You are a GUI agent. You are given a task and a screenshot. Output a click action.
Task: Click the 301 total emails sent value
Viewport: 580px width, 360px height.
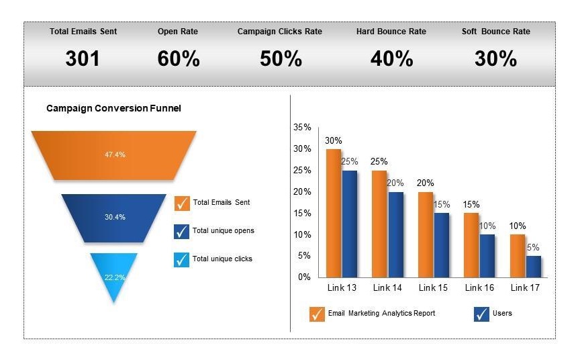(x=83, y=59)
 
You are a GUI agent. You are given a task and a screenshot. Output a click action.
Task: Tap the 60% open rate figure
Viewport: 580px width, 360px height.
(x=179, y=59)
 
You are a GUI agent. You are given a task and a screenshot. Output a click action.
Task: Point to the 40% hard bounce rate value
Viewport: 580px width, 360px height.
(x=391, y=59)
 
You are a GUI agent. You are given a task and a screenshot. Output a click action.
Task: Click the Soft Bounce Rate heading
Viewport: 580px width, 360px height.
(x=495, y=32)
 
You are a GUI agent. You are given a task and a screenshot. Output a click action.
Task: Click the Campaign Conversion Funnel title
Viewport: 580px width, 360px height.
(x=113, y=108)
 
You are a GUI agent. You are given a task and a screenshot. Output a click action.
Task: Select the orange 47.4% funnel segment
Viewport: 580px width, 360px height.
(x=114, y=154)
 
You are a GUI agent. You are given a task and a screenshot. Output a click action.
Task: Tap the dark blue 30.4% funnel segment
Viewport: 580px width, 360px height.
(x=114, y=217)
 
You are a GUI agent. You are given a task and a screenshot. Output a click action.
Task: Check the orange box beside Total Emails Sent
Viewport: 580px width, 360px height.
(x=182, y=203)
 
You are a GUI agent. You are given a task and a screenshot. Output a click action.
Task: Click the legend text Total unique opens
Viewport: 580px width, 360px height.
(x=223, y=231)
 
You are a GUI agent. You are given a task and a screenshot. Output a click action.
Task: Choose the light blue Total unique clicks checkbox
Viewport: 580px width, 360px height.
(x=182, y=259)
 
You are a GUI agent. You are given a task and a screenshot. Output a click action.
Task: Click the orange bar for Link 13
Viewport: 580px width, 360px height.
(x=334, y=212)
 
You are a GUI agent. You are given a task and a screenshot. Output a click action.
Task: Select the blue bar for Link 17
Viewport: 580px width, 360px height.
(x=533, y=266)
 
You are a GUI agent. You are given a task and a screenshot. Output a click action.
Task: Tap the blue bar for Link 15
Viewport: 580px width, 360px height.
(x=441, y=244)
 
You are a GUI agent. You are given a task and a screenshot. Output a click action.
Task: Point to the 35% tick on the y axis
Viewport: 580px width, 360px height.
(x=302, y=127)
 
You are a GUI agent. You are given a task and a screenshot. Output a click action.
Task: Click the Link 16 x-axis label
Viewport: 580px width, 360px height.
(x=480, y=288)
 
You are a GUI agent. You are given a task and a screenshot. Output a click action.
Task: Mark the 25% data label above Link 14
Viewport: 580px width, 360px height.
(x=379, y=162)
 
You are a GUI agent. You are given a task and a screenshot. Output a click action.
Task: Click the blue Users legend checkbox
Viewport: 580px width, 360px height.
(x=481, y=314)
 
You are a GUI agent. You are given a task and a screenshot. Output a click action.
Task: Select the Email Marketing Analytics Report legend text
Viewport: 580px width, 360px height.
(x=381, y=314)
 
